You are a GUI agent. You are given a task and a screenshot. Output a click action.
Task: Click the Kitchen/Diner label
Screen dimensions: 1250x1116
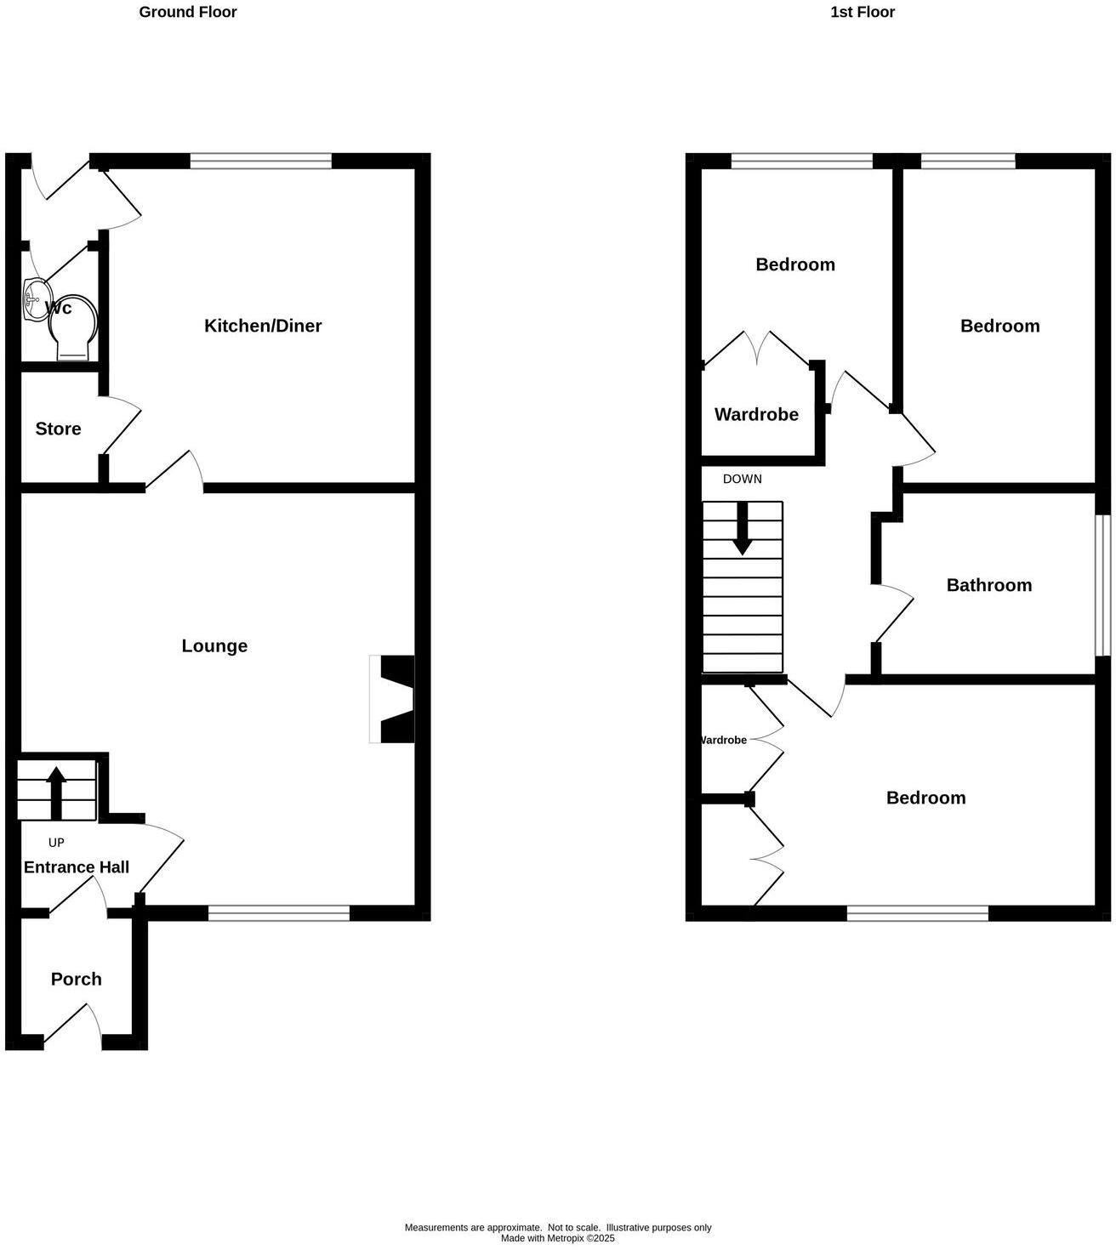pos(263,326)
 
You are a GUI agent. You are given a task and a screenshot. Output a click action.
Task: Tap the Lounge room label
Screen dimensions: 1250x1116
pos(214,646)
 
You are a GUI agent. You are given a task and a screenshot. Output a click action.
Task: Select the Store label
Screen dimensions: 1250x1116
pos(58,429)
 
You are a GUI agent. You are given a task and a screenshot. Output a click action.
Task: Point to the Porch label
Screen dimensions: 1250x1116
pos(76,979)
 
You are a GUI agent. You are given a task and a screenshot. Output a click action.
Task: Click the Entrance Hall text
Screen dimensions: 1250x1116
pos(76,867)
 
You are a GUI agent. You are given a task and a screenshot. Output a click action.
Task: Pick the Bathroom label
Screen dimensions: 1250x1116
pos(988,585)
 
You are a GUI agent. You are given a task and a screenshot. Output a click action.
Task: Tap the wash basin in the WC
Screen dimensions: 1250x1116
pos(34,298)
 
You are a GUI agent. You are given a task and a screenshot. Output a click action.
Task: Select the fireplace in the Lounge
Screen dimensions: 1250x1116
pos(392,698)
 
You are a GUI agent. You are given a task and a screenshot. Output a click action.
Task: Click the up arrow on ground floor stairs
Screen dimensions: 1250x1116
pos(56,791)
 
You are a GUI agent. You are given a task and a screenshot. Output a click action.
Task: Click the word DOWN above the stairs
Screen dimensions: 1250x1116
pos(742,479)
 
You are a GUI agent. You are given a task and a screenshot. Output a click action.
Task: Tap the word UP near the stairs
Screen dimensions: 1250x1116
pos(56,843)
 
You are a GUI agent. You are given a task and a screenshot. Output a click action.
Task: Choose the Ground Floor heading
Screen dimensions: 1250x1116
pos(188,12)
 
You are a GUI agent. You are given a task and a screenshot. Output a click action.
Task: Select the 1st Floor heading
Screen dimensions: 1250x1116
pos(863,12)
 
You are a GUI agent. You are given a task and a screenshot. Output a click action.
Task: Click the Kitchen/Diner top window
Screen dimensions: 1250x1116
pos(260,161)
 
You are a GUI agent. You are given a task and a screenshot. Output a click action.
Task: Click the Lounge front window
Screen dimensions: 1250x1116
pos(279,913)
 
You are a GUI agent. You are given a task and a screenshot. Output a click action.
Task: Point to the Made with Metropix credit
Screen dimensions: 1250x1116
pos(557,1238)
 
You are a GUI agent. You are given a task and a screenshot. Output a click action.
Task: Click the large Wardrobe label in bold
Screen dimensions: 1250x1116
pos(756,415)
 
